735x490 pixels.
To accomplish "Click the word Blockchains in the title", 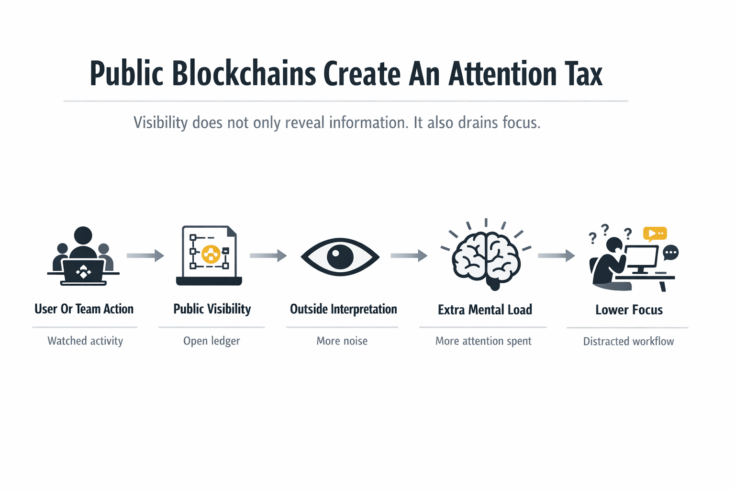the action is point(244,74).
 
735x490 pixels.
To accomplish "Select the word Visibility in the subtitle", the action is point(160,122).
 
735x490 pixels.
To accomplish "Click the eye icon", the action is point(340,257).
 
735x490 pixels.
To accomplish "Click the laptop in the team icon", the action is point(83,272).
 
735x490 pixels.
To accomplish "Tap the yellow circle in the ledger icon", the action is point(211,254).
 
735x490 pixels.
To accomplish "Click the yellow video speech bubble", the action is point(655,233).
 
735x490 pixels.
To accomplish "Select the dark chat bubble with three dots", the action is point(671,252).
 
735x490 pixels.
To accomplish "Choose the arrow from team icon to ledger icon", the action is point(145,256).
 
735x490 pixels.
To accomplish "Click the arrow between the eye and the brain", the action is point(409,256).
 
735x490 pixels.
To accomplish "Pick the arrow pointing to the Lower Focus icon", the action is point(556,256).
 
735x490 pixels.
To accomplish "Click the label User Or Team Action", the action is point(84,309).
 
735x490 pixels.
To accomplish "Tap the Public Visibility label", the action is point(212,309).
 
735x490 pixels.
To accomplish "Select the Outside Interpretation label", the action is point(343,309).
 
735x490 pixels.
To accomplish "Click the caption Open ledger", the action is point(212,341).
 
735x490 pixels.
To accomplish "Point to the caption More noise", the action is point(342,341).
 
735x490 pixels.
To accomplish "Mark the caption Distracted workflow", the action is point(628,341).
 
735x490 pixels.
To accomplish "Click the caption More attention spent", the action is point(483,341).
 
